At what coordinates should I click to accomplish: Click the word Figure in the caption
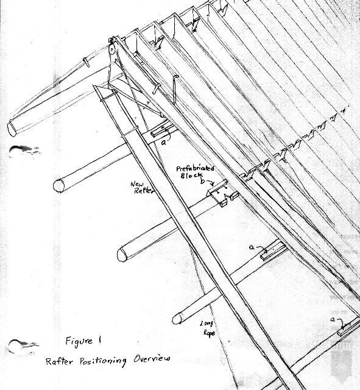(x=79, y=341)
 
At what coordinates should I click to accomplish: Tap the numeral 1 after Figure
(x=100, y=340)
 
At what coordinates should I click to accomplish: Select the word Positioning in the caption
(x=103, y=361)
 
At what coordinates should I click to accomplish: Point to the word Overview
(x=152, y=358)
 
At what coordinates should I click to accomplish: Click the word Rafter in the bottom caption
(x=59, y=361)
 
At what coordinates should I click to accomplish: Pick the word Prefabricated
(x=195, y=168)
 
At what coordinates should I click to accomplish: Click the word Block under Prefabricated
(x=191, y=175)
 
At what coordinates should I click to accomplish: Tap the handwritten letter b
(x=203, y=181)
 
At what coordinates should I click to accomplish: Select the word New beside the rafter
(x=136, y=184)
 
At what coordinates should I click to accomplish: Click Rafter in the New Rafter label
(x=144, y=191)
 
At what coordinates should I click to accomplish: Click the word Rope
(x=209, y=333)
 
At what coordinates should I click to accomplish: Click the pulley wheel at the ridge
(x=112, y=49)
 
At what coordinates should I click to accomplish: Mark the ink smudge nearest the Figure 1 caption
(x=24, y=346)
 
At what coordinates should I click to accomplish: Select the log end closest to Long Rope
(x=177, y=319)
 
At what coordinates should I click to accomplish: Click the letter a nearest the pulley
(x=163, y=143)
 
